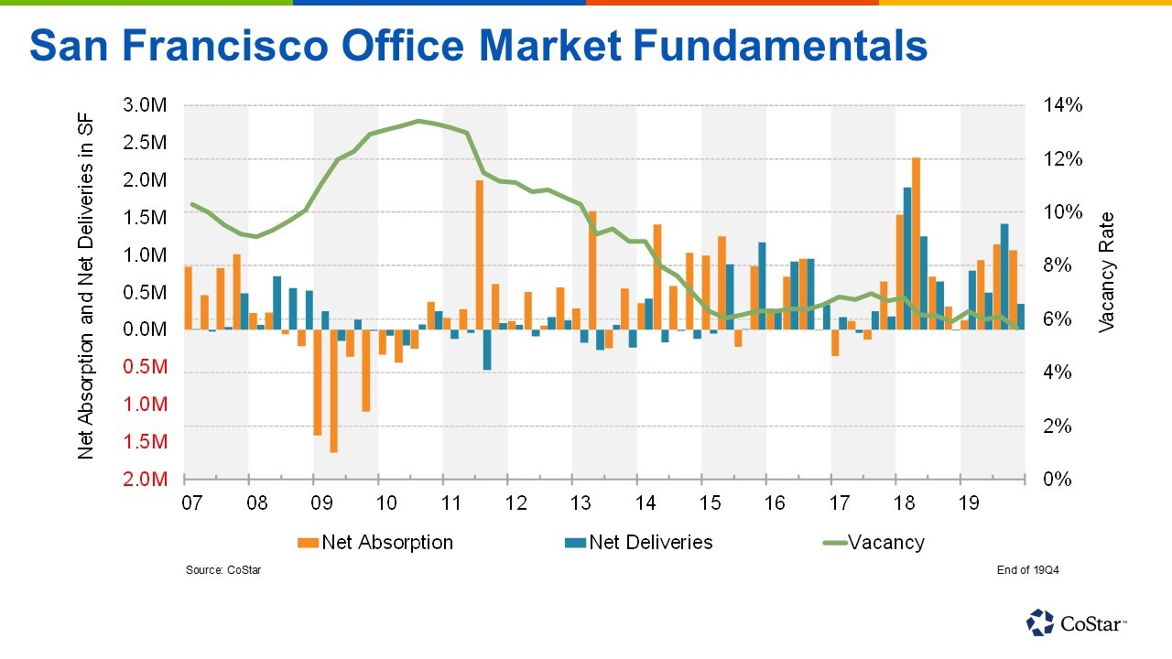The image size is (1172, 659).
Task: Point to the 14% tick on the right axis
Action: pyautogui.click(x=1063, y=105)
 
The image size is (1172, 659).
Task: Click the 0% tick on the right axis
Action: pyautogui.click(x=1058, y=480)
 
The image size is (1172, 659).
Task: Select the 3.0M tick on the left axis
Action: pyautogui.click(x=145, y=105)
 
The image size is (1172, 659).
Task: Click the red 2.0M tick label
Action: pyautogui.click(x=145, y=480)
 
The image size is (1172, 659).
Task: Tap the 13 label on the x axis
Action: pyautogui.click(x=581, y=502)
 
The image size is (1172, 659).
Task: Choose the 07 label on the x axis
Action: pyautogui.click(x=191, y=502)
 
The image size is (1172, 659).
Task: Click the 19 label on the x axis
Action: pyautogui.click(x=969, y=502)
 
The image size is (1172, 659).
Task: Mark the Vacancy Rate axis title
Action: pyautogui.click(x=1106, y=272)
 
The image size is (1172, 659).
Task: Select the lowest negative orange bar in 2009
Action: pyautogui.click(x=333, y=391)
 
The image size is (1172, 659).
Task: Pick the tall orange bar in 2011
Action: pyautogui.click(x=479, y=254)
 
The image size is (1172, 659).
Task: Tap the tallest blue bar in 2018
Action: pyautogui.click(x=906, y=258)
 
